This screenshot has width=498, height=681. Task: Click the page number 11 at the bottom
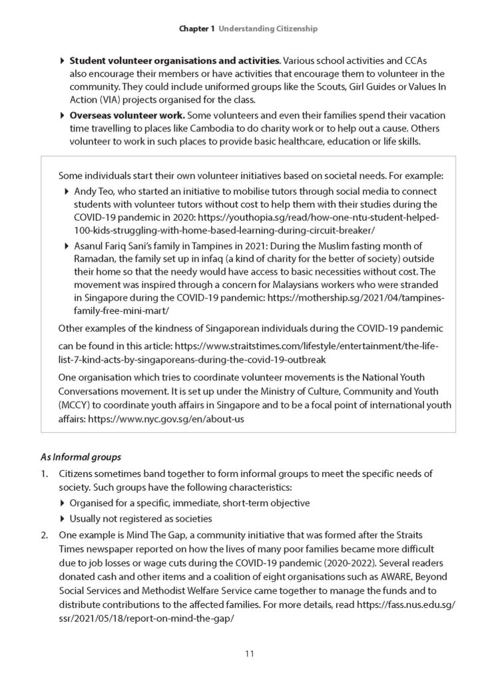[248, 654]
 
